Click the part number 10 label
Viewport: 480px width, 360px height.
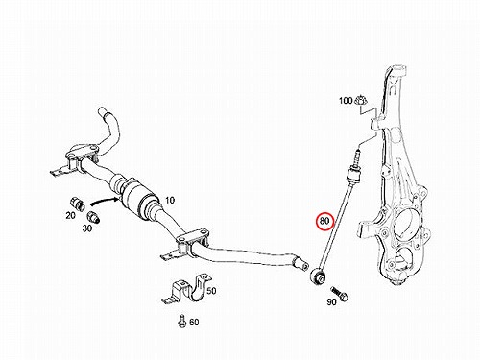click(170, 201)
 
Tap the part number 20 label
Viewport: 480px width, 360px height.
click(70, 216)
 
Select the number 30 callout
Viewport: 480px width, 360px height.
click(87, 228)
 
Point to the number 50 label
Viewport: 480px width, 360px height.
click(211, 291)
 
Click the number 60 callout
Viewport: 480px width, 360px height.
click(194, 322)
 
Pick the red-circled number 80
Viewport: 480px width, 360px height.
click(324, 222)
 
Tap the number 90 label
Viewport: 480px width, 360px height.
click(331, 301)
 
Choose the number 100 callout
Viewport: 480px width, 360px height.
click(346, 101)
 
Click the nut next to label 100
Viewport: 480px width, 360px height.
click(361, 101)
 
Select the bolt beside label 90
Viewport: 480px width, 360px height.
click(340, 294)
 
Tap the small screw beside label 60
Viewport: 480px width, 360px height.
click(181, 321)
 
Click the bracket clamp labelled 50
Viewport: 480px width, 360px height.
click(185, 288)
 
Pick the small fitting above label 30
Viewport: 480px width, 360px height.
click(93, 216)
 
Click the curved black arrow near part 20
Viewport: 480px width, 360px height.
click(104, 201)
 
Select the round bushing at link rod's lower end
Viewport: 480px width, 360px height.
click(318, 276)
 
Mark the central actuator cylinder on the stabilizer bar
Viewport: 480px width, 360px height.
click(134, 197)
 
